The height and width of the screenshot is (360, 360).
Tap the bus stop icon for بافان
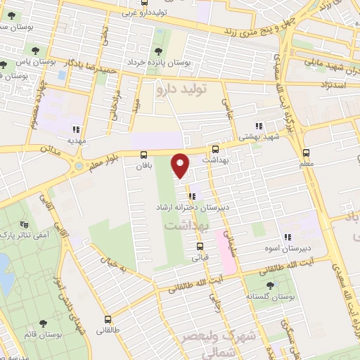[144, 155]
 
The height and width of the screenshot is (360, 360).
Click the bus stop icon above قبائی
[200, 246]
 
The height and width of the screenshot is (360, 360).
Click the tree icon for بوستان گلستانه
[271, 285]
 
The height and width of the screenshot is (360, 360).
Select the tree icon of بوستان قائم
[44, 323]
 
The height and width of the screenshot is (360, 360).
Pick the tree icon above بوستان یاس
[33, 50]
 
